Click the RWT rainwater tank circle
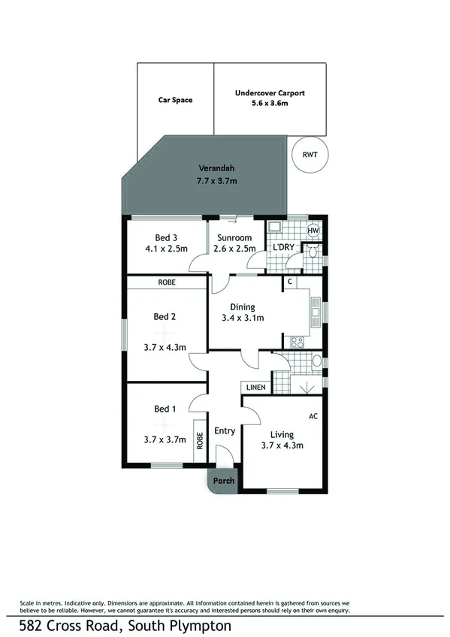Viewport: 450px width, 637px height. click(309, 154)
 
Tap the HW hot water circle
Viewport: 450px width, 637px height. click(313, 231)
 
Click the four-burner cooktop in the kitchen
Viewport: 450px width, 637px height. click(296, 342)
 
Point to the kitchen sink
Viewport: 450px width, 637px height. click(315, 310)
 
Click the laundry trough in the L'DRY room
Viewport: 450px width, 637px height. click(275, 228)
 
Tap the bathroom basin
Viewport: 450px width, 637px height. click(316, 361)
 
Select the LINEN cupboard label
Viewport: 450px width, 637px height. click(255, 387)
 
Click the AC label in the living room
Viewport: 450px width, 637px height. click(313, 415)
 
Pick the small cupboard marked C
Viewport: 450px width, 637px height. click(289, 282)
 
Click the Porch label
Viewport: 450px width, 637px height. click(224, 481)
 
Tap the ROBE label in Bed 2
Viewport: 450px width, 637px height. click(166, 282)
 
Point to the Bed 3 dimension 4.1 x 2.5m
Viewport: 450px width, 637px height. click(166, 248)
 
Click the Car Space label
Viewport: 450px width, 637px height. click(174, 99)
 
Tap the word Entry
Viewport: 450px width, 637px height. click(225, 430)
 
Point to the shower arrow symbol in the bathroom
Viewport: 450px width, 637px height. click(306, 388)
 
